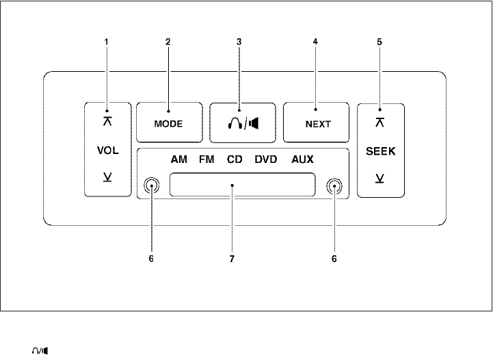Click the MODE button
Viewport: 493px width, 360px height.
pyautogui.click(x=169, y=125)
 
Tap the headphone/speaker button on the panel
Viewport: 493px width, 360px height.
pyautogui.click(x=243, y=125)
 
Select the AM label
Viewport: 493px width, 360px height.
pyautogui.click(x=179, y=159)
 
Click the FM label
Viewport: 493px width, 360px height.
pyautogui.click(x=206, y=159)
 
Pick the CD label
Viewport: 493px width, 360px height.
pyautogui.click(x=235, y=159)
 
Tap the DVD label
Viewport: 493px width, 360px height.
pyautogui.click(x=267, y=159)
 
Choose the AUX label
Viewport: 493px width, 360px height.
pyautogui.click(x=302, y=159)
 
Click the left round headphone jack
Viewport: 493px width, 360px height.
pyautogui.click(x=152, y=185)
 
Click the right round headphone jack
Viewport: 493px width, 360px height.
pyautogui.click(x=334, y=185)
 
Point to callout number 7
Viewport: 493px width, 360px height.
pyautogui.click(x=233, y=259)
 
